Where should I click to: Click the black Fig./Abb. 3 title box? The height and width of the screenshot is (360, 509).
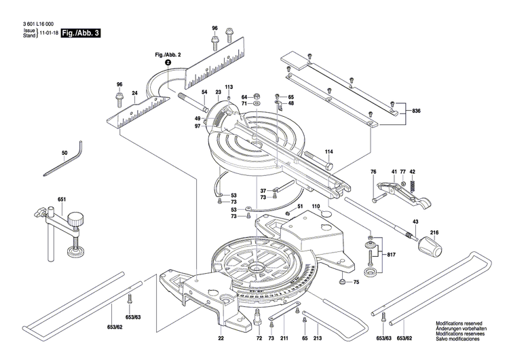click(x=80, y=33)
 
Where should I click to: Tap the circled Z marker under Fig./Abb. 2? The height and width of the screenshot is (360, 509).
click(x=168, y=62)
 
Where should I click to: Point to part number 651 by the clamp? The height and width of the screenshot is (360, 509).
click(x=62, y=199)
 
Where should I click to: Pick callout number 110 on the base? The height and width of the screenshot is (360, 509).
click(x=315, y=206)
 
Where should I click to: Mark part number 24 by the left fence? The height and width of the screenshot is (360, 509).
click(x=134, y=92)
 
